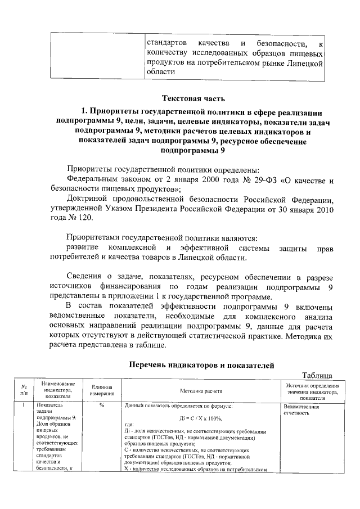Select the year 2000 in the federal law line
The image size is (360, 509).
[179, 181]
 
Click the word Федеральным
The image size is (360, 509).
[95, 181]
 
